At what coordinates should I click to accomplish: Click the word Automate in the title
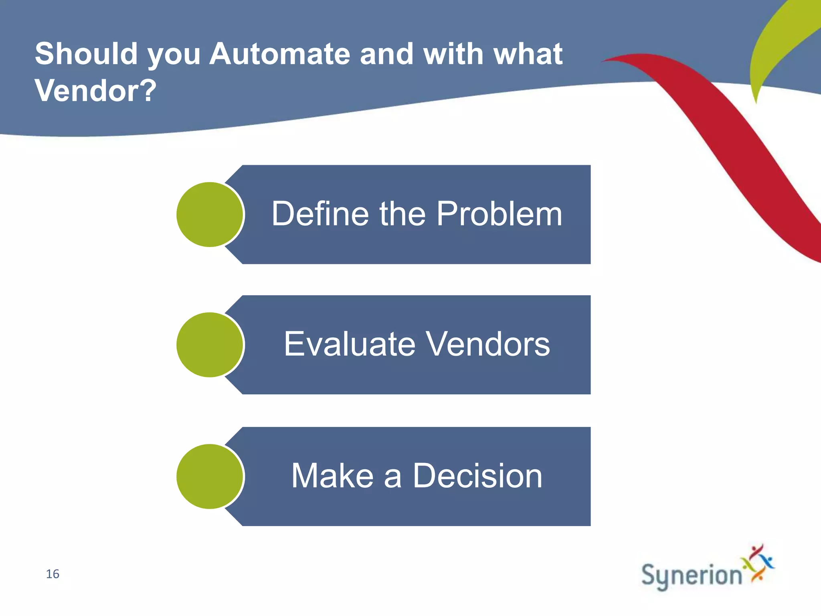pos(280,54)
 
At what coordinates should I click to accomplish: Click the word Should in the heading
pos(86,54)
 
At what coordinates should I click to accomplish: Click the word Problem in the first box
pos(499,214)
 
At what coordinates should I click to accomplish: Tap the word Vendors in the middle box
pos(487,344)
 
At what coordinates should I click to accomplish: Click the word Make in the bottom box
pos(332,476)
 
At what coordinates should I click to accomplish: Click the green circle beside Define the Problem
pos(210,215)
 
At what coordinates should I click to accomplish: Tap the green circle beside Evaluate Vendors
pos(210,345)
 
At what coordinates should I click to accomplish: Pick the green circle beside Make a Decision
pos(210,476)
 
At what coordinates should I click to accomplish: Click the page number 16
pos(53,574)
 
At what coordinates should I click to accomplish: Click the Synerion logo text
pos(692,575)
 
